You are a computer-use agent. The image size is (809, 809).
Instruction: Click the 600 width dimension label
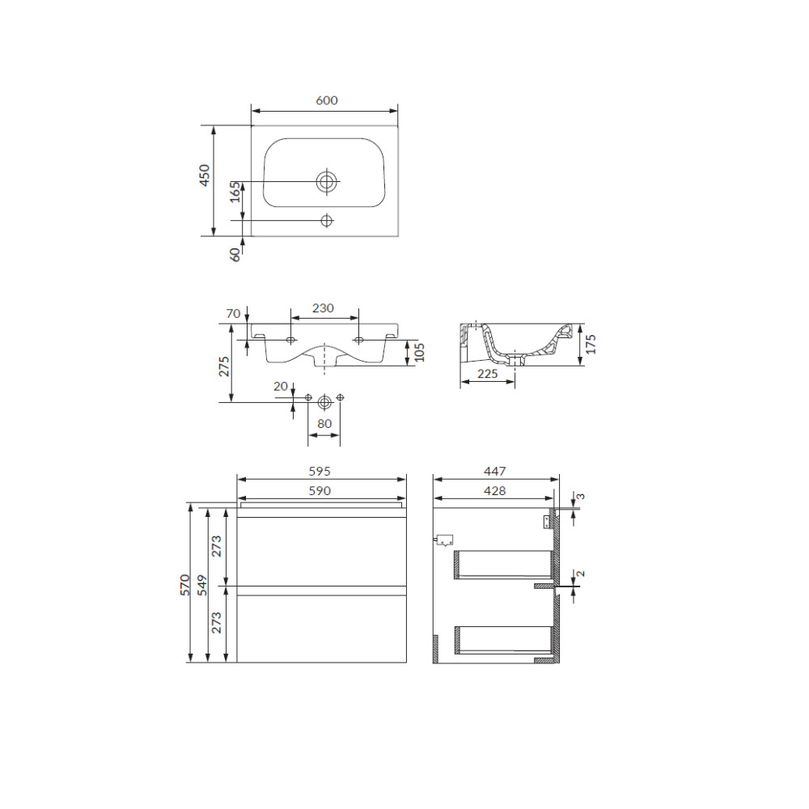pyautogui.click(x=327, y=100)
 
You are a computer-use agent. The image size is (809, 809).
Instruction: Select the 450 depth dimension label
pyautogui.click(x=205, y=175)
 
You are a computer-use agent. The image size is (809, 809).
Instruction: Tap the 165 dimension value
pyautogui.click(x=235, y=192)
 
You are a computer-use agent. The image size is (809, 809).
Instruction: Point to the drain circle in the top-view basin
pyautogui.click(x=327, y=181)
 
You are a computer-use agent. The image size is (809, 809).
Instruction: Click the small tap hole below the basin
pyautogui.click(x=327, y=220)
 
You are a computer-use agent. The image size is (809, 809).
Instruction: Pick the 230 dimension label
pyautogui.click(x=323, y=308)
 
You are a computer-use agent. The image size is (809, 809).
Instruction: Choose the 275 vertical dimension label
pyautogui.click(x=224, y=366)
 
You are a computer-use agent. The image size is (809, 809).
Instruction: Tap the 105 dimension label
pyautogui.click(x=419, y=353)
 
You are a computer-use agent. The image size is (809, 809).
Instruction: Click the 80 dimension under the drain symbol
pyautogui.click(x=324, y=424)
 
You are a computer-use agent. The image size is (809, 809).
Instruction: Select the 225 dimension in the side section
pyautogui.click(x=487, y=373)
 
